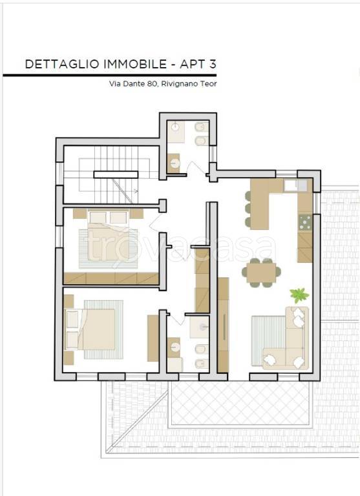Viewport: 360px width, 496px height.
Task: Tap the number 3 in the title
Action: pyautogui.click(x=213, y=64)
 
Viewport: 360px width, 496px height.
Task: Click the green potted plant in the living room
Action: pyautogui.click(x=299, y=294)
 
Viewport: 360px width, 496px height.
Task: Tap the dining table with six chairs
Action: pyautogui.click(x=261, y=272)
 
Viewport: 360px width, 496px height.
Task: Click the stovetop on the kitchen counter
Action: pyautogui.click(x=305, y=222)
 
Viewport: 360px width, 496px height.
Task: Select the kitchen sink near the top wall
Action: pyautogui.click(x=295, y=185)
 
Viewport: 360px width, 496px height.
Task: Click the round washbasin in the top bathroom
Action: pyautogui.click(x=175, y=127)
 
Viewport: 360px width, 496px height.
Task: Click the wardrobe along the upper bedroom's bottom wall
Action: pyautogui.click(x=111, y=278)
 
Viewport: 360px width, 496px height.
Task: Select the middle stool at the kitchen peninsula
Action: pyautogui.click(x=248, y=209)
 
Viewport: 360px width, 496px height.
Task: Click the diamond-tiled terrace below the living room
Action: pyautogui.click(x=239, y=403)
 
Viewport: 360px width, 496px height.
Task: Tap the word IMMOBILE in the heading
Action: pyautogui.click(x=135, y=64)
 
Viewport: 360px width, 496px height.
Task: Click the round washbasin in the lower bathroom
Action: pyautogui.click(x=175, y=347)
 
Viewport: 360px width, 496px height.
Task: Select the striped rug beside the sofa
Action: pyautogui.click(x=268, y=340)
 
